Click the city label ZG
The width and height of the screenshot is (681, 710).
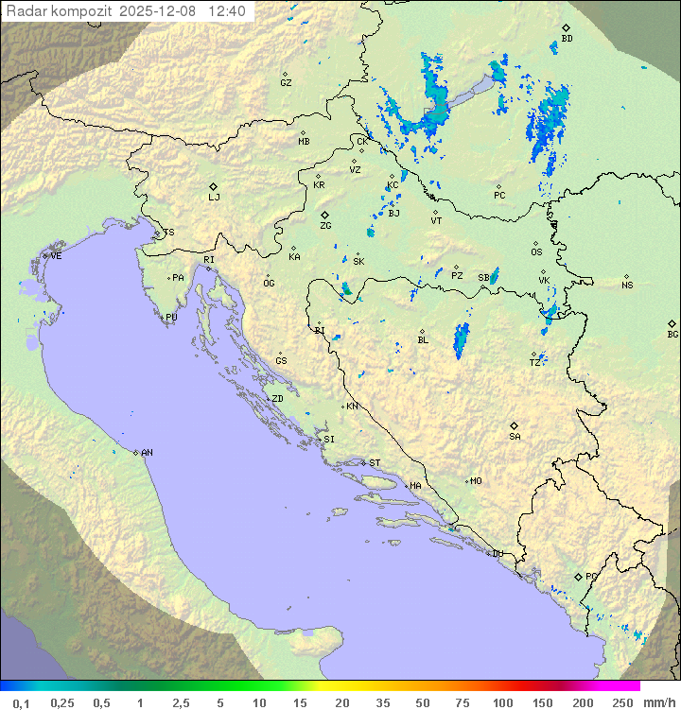[325, 227]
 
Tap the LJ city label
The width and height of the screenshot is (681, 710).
[214, 198]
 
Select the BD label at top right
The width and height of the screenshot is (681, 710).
[567, 39]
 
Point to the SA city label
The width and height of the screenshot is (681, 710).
[515, 437]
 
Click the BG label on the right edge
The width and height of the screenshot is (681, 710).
[672, 335]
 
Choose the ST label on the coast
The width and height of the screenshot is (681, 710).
[375, 463]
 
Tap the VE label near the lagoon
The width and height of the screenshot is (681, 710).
[56, 256]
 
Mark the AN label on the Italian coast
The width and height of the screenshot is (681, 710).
[147, 453]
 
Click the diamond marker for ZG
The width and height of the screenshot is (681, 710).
[325, 216]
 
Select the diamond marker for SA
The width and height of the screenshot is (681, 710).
[515, 425]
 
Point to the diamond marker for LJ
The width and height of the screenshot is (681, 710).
[214, 186]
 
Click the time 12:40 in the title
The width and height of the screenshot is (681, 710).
[227, 11]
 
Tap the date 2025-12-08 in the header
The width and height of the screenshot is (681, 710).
[160, 11]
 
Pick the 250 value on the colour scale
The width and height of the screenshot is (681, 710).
[622, 702]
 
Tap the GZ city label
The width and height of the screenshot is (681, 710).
[286, 83]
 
